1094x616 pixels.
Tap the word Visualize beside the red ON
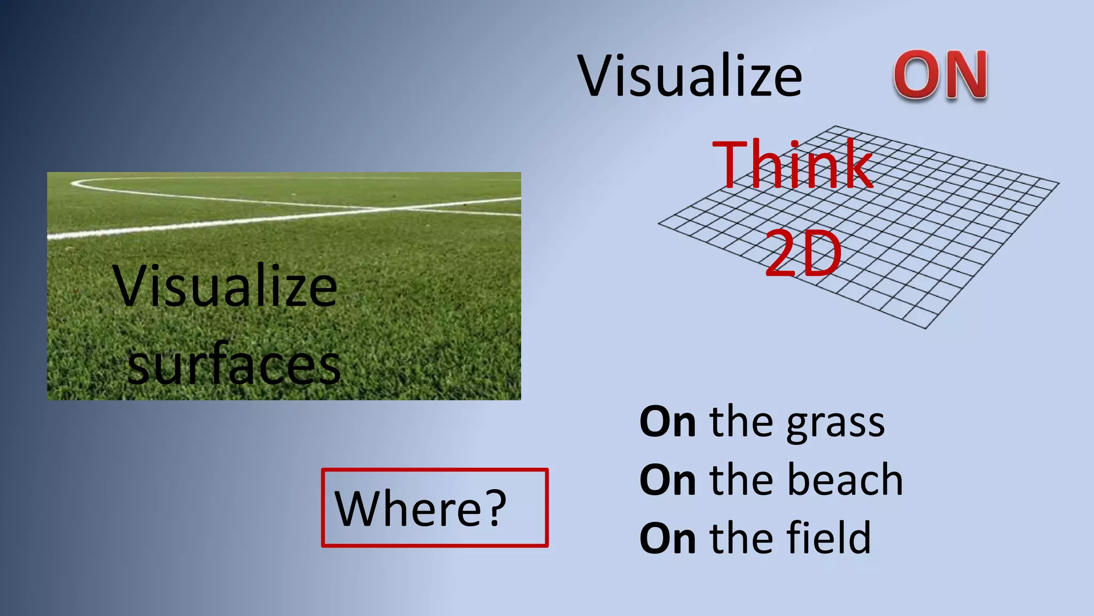pos(690,76)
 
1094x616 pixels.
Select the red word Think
pos(792,165)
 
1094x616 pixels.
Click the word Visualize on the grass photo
pos(225,287)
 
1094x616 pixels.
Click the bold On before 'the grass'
pos(668,422)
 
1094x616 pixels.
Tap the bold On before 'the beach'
pos(668,480)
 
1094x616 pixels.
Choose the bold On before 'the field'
pos(668,538)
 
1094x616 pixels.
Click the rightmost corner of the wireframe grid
pos(1058,183)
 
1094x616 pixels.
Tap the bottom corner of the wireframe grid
pos(925,328)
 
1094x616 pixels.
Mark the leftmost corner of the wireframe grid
pos(659,224)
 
